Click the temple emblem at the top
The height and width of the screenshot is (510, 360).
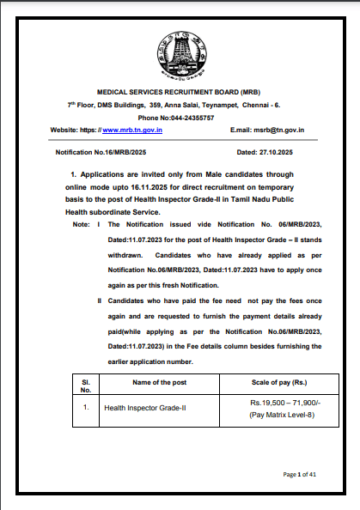180,55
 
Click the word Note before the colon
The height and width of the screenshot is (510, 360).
81,224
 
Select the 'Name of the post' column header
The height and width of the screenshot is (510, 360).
158,379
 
